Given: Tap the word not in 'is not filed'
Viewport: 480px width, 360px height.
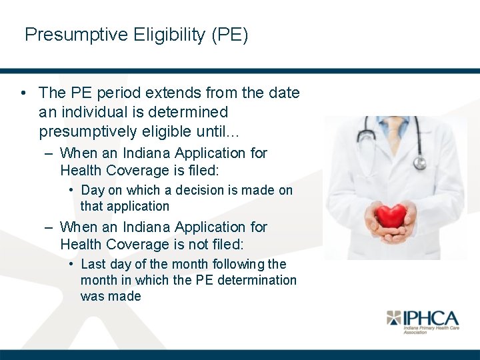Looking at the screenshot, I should [192, 245].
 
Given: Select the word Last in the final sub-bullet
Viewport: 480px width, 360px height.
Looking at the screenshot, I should [93, 264].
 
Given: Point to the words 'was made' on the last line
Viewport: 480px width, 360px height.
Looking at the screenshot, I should [111, 296].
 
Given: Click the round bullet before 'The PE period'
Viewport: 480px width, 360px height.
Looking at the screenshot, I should [23, 93].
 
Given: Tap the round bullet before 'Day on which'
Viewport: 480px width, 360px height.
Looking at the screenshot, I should [71, 191].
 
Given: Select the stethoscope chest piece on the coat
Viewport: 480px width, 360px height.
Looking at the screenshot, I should [419, 163].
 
